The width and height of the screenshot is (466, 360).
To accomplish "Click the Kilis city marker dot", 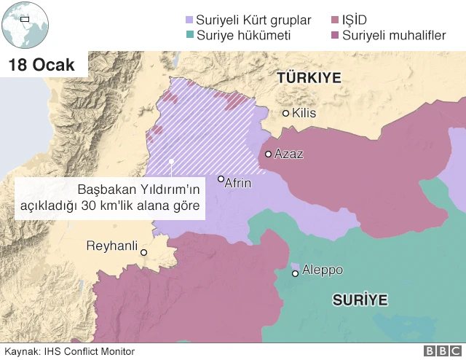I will tap(286, 113).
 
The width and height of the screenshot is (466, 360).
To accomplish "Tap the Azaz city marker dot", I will tap(269, 154).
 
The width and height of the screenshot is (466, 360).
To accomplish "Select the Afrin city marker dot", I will tap(221, 179).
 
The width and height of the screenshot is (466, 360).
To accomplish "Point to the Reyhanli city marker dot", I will tap(144, 253).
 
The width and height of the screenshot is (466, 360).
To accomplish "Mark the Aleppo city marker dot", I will tap(295, 273).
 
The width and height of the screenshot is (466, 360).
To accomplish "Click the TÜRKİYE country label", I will tap(308, 78).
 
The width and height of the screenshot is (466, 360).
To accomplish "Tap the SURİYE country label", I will tap(360, 300).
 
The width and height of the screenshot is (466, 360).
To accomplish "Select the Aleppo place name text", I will tap(322, 270).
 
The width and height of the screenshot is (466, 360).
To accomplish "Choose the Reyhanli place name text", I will tap(112, 246).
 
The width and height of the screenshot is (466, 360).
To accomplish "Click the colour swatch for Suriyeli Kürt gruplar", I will tap(190, 20).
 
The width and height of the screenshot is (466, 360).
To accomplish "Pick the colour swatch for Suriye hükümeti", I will tap(190, 34).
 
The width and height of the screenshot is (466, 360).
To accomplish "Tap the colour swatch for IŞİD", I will tap(335, 20).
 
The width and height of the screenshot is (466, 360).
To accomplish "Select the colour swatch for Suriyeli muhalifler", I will tap(335, 34).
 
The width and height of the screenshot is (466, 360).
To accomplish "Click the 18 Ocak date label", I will tap(42, 65).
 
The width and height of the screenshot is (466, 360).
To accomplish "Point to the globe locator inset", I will tap(24, 25).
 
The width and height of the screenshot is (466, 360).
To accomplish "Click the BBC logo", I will tap(442, 351).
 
